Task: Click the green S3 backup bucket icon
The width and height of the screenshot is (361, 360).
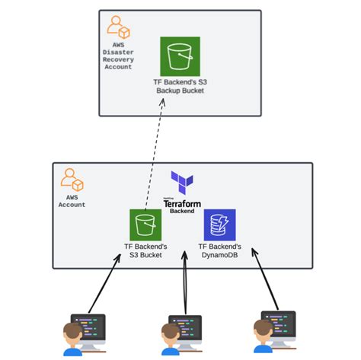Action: pos(180,56)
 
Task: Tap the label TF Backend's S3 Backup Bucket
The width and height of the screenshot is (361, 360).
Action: pos(180,86)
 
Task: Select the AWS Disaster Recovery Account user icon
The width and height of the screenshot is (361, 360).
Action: pos(118,28)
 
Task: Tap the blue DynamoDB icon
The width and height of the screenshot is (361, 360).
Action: pos(219,225)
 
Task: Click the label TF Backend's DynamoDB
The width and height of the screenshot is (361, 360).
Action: pos(220,250)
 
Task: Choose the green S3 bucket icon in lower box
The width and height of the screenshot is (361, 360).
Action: pos(145,225)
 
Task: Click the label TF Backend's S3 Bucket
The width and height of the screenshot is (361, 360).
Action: pos(145,250)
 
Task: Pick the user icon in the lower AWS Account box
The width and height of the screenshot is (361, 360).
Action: pos(72,180)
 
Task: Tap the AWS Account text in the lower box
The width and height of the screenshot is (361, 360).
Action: pos(72,201)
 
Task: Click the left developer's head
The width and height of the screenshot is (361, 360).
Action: pos(72,333)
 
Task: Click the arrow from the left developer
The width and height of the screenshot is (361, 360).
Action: pos(104,285)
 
